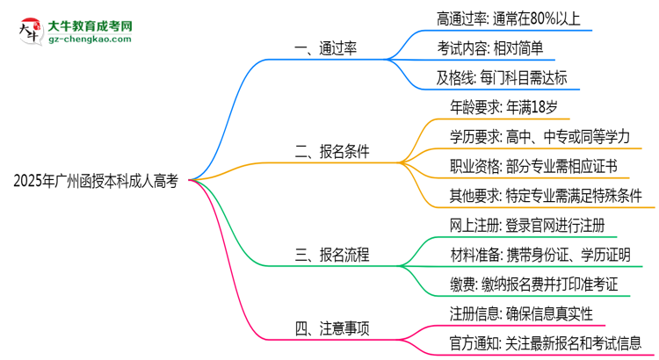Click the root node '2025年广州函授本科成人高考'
pyautogui.click(x=96, y=181)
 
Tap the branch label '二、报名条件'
pyautogui.click(x=332, y=151)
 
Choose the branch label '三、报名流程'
pyautogui.click(x=332, y=256)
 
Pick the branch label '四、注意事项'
pyautogui.click(x=332, y=329)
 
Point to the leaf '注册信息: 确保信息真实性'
pyautogui.click(x=520, y=313)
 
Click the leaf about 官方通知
pyautogui.click(x=545, y=343)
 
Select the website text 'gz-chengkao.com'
pyautogui.click(x=95, y=40)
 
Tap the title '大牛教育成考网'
pyautogui.click(x=95, y=21)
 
